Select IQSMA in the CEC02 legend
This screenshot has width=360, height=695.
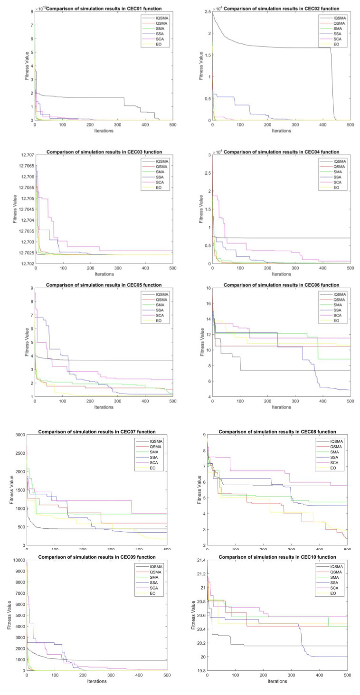click(339, 18)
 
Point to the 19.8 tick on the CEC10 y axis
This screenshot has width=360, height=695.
click(199, 671)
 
